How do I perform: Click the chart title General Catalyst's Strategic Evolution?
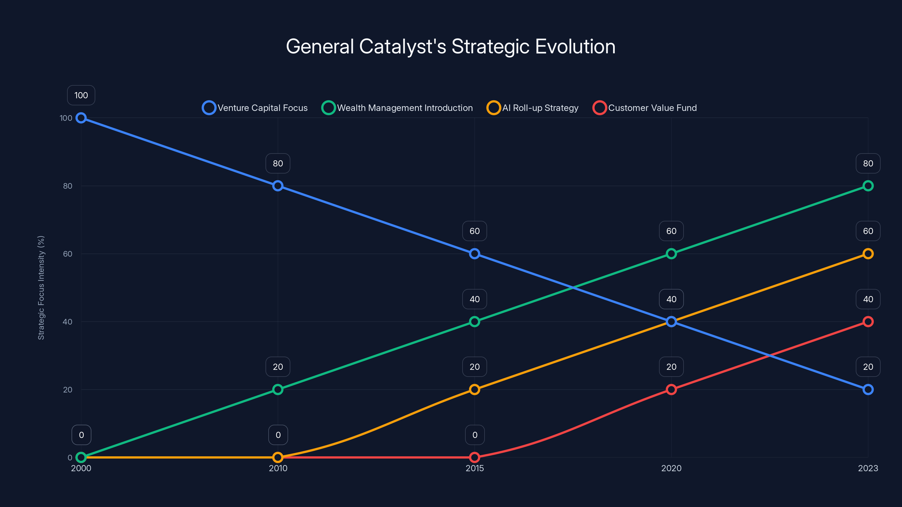pyautogui.click(x=451, y=46)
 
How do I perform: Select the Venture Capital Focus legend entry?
pyautogui.click(x=255, y=108)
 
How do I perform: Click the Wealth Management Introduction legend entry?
pyautogui.click(x=397, y=108)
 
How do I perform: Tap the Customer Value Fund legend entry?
pyautogui.click(x=645, y=108)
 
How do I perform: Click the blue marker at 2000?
pyautogui.click(x=81, y=118)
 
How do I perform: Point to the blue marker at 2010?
pyautogui.click(x=278, y=186)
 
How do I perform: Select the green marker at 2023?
pyautogui.click(x=868, y=186)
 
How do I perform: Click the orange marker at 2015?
pyautogui.click(x=474, y=390)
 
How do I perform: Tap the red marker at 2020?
pyautogui.click(x=671, y=390)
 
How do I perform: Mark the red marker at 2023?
pyautogui.click(x=868, y=322)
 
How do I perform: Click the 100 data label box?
pyautogui.click(x=81, y=95)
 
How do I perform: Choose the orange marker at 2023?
pyautogui.click(x=868, y=254)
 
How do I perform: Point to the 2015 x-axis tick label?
pyautogui.click(x=474, y=468)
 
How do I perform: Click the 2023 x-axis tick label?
pyautogui.click(x=868, y=468)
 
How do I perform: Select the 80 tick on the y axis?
pyautogui.click(x=68, y=186)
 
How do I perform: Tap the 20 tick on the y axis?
pyautogui.click(x=68, y=390)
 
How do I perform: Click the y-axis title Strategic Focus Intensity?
pyautogui.click(x=41, y=288)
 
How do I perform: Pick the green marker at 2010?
pyautogui.click(x=278, y=390)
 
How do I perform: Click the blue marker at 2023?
pyautogui.click(x=868, y=390)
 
